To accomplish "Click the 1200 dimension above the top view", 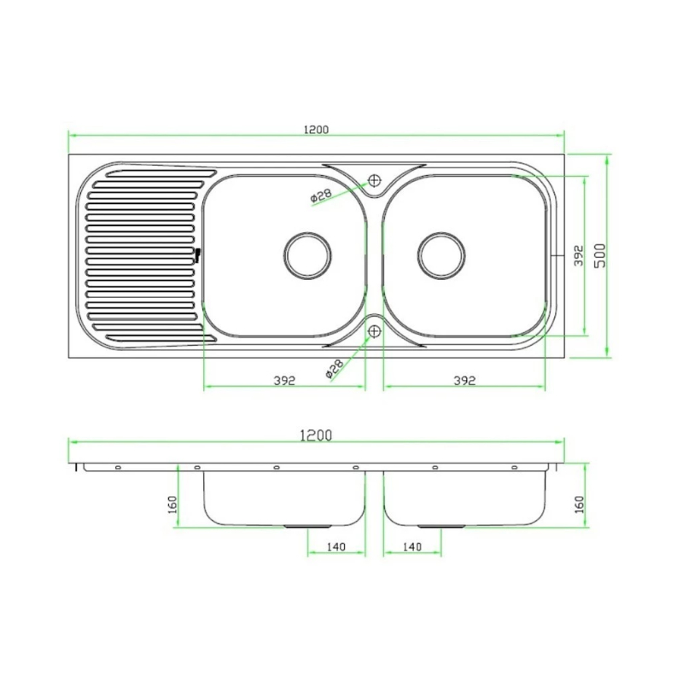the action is pos(316,130).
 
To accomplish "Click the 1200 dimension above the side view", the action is pos(316,435).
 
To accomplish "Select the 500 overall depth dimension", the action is pos(600,255).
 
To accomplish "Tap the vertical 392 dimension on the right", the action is pos(579,255).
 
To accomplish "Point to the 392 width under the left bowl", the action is pos(284,381).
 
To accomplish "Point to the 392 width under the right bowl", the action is pos(464,381).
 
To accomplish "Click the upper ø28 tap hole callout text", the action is pos(321,196).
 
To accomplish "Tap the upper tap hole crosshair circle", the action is pos(374,180).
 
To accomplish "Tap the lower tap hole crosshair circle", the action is pos(374,331).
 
